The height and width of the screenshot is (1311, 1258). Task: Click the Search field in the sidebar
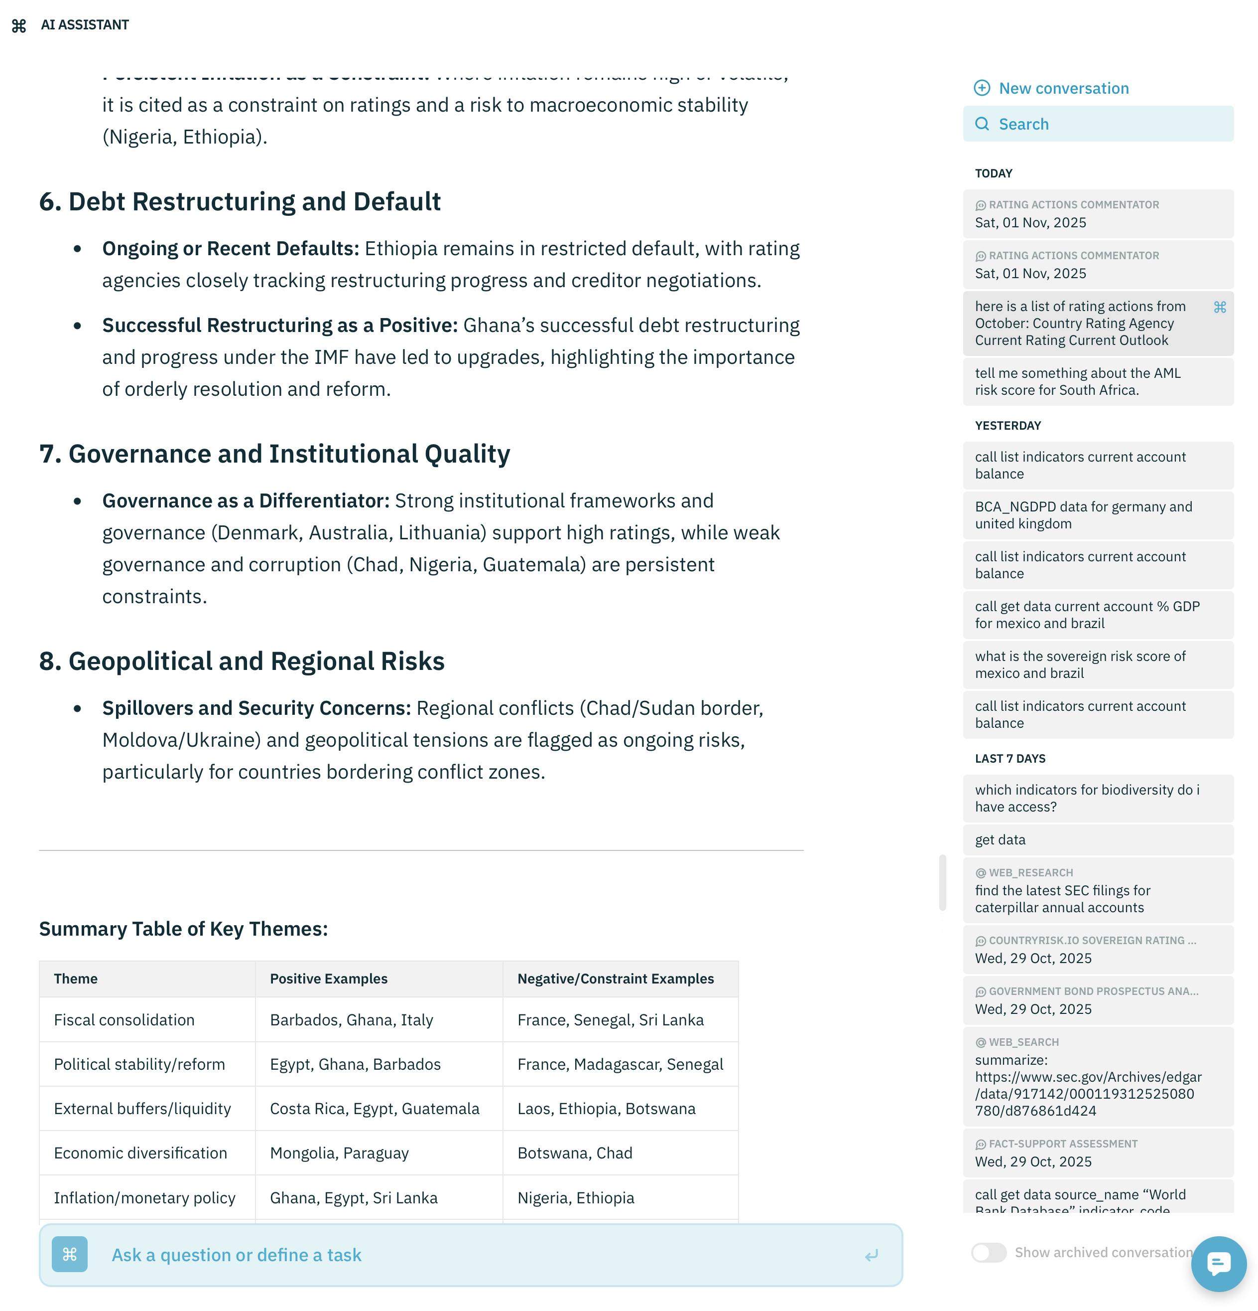point(1098,125)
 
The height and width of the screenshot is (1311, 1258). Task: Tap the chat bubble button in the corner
point(1217,1264)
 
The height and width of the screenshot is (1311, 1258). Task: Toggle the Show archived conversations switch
point(988,1252)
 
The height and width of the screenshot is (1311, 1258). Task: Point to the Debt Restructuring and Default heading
point(240,202)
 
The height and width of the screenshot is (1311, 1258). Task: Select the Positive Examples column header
point(328,979)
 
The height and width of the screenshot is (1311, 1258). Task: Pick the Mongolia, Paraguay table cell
point(339,1153)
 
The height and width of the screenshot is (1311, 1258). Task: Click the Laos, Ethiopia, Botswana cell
point(606,1109)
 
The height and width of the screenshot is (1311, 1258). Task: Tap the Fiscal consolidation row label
point(125,1020)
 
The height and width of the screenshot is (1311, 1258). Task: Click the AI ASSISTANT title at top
point(85,25)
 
